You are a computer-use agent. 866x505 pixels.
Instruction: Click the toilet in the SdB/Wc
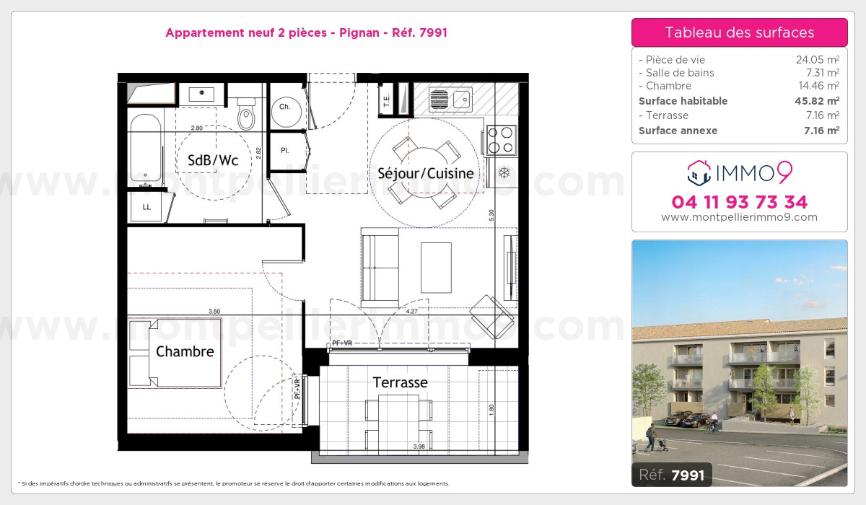246,115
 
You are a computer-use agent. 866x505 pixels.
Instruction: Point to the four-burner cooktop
502,140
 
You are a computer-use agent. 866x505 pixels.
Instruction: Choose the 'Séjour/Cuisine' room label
426,173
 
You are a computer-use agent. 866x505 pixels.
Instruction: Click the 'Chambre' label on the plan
185,351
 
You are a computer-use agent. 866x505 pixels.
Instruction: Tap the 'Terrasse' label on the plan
400,382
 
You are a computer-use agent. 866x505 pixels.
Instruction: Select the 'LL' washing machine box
146,208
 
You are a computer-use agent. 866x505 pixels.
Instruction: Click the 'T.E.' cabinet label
387,101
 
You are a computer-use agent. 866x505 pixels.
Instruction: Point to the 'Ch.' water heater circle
285,107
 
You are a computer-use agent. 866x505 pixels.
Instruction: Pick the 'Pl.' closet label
285,151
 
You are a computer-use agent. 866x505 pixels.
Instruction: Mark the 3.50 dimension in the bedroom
214,311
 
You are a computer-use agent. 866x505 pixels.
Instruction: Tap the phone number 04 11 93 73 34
739,202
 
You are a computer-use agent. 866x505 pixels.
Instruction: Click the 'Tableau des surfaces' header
739,32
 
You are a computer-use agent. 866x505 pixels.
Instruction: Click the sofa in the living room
380,265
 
